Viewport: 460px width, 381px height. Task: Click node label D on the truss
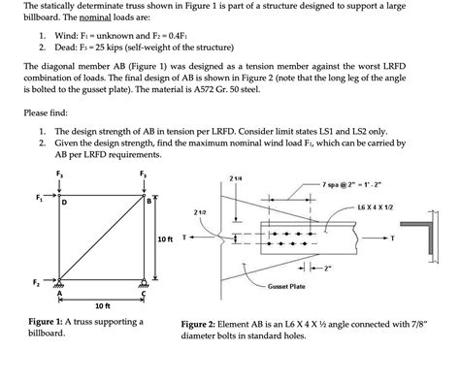[64, 205]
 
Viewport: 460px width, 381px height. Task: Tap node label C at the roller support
[143, 295]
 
